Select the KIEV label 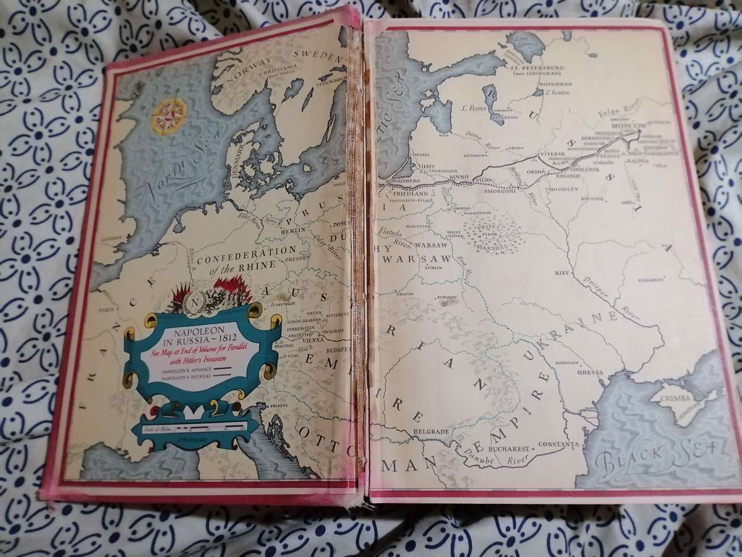pos(561,272)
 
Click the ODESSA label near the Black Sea pos(589,373)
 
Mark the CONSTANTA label pos(558,444)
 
